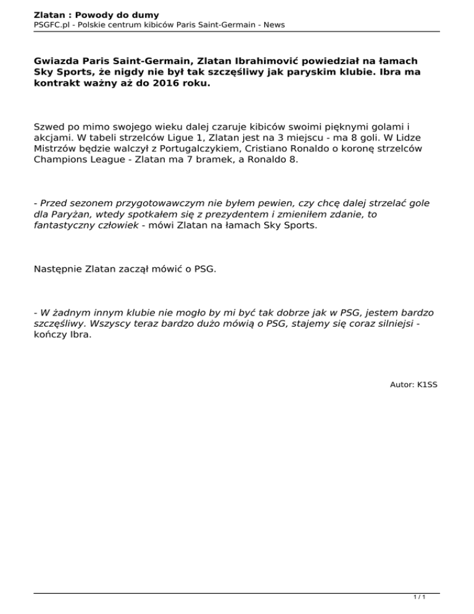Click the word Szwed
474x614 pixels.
[x=49, y=127]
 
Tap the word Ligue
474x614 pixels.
[x=167, y=138]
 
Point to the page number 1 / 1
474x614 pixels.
[x=419, y=597]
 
